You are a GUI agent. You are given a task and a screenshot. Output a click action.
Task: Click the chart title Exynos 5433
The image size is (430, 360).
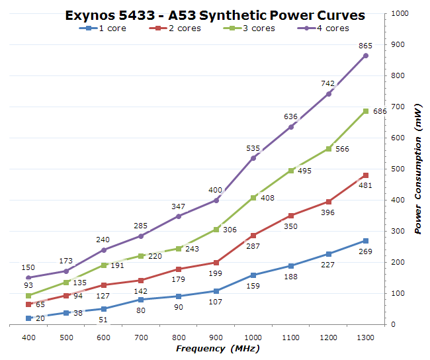click(x=215, y=15)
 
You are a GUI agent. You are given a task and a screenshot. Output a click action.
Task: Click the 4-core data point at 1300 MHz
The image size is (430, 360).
click(x=366, y=56)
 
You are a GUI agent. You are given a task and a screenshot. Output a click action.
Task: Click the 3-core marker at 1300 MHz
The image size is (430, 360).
click(x=366, y=111)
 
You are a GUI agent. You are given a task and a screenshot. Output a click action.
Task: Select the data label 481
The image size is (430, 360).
click(x=365, y=185)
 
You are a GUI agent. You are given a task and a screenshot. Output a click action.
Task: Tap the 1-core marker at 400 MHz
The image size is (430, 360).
click(x=28, y=318)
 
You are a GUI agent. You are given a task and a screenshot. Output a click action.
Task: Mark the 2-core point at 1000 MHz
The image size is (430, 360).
click(x=253, y=235)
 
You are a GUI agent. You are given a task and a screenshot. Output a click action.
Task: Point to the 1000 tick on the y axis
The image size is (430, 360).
click(x=401, y=13)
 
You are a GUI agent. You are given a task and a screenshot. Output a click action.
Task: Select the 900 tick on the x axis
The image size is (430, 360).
click(x=216, y=337)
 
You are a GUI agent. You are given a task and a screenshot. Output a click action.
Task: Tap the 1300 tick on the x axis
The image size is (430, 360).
click(x=366, y=337)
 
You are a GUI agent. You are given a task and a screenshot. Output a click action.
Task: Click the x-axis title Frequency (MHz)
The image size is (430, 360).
click(x=218, y=349)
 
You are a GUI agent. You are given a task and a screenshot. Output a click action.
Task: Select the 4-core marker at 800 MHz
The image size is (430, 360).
click(x=179, y=216)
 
